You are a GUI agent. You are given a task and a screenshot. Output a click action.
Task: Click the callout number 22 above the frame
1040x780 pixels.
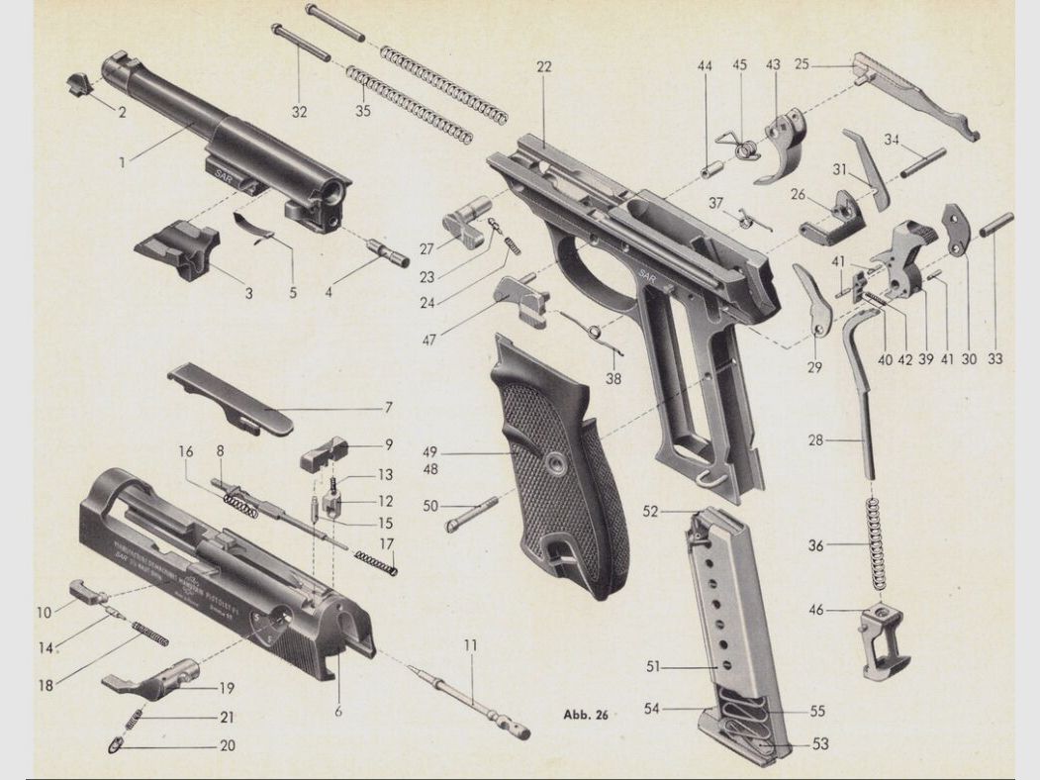point(544,66)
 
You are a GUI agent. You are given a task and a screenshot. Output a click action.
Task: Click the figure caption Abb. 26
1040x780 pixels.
point(586,714)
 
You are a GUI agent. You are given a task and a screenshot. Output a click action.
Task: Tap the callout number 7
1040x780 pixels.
point(389,407)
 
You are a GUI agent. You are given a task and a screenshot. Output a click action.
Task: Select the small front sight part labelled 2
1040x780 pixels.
point(79,83)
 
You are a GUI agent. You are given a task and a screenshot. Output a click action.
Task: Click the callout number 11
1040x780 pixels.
point(470,645)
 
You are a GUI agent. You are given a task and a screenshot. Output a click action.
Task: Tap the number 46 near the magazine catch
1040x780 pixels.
point(816,611)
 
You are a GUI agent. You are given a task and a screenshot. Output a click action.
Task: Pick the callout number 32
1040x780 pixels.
point(299,112)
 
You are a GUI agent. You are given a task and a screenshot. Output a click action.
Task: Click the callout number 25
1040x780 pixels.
point(802,65)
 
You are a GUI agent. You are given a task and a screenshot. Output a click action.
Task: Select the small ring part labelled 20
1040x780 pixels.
point(117,743)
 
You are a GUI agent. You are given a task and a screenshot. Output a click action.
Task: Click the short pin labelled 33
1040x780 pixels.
point(996,225)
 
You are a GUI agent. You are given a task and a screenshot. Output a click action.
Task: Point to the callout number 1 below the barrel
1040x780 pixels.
point(123,160)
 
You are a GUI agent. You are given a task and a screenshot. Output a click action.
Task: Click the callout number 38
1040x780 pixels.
point(614,378)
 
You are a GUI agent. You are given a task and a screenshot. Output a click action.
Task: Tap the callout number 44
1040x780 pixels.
point(705,66)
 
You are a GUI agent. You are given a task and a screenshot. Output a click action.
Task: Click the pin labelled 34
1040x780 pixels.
point(923,162)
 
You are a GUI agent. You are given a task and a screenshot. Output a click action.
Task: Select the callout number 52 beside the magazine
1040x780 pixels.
point(650,512)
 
